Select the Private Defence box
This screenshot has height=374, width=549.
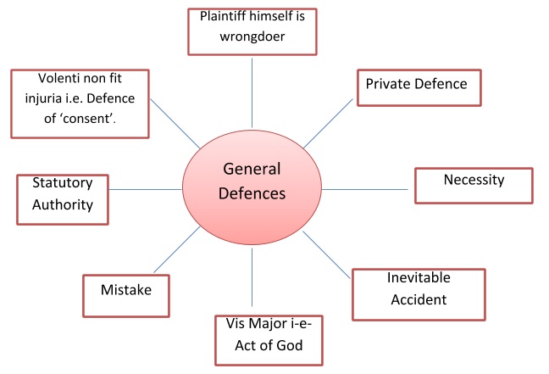point(419,87)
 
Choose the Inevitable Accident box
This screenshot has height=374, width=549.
point(418,293)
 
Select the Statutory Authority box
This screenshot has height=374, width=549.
point(62,198)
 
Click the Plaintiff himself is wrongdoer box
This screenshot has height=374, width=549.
point(252,31)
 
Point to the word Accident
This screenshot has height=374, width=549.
point(418,299)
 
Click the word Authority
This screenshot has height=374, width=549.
point(63,205)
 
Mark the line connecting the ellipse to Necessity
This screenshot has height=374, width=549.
point(368,187)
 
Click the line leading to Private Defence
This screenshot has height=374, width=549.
point(329,126)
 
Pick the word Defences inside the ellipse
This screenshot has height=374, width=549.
point(252,193)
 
